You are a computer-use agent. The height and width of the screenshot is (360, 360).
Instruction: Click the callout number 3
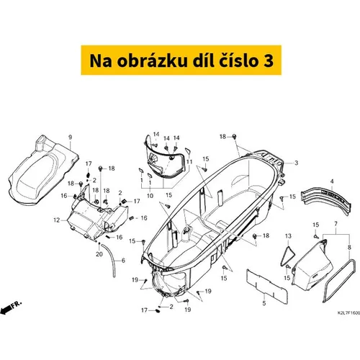297,163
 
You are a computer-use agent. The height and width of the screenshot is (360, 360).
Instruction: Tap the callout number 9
70,138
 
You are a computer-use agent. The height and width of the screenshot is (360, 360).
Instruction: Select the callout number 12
57,220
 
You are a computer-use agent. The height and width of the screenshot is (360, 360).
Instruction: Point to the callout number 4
332,181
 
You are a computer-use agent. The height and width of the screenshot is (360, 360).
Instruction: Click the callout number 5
264,303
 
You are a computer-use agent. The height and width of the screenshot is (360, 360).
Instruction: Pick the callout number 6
123,261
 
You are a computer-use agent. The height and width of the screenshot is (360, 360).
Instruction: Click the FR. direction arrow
11,307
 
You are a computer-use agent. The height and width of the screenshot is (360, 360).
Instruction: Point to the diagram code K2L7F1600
348,313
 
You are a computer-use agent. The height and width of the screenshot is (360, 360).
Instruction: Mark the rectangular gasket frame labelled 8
338,280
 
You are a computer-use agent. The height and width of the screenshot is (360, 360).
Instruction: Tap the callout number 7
336,224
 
